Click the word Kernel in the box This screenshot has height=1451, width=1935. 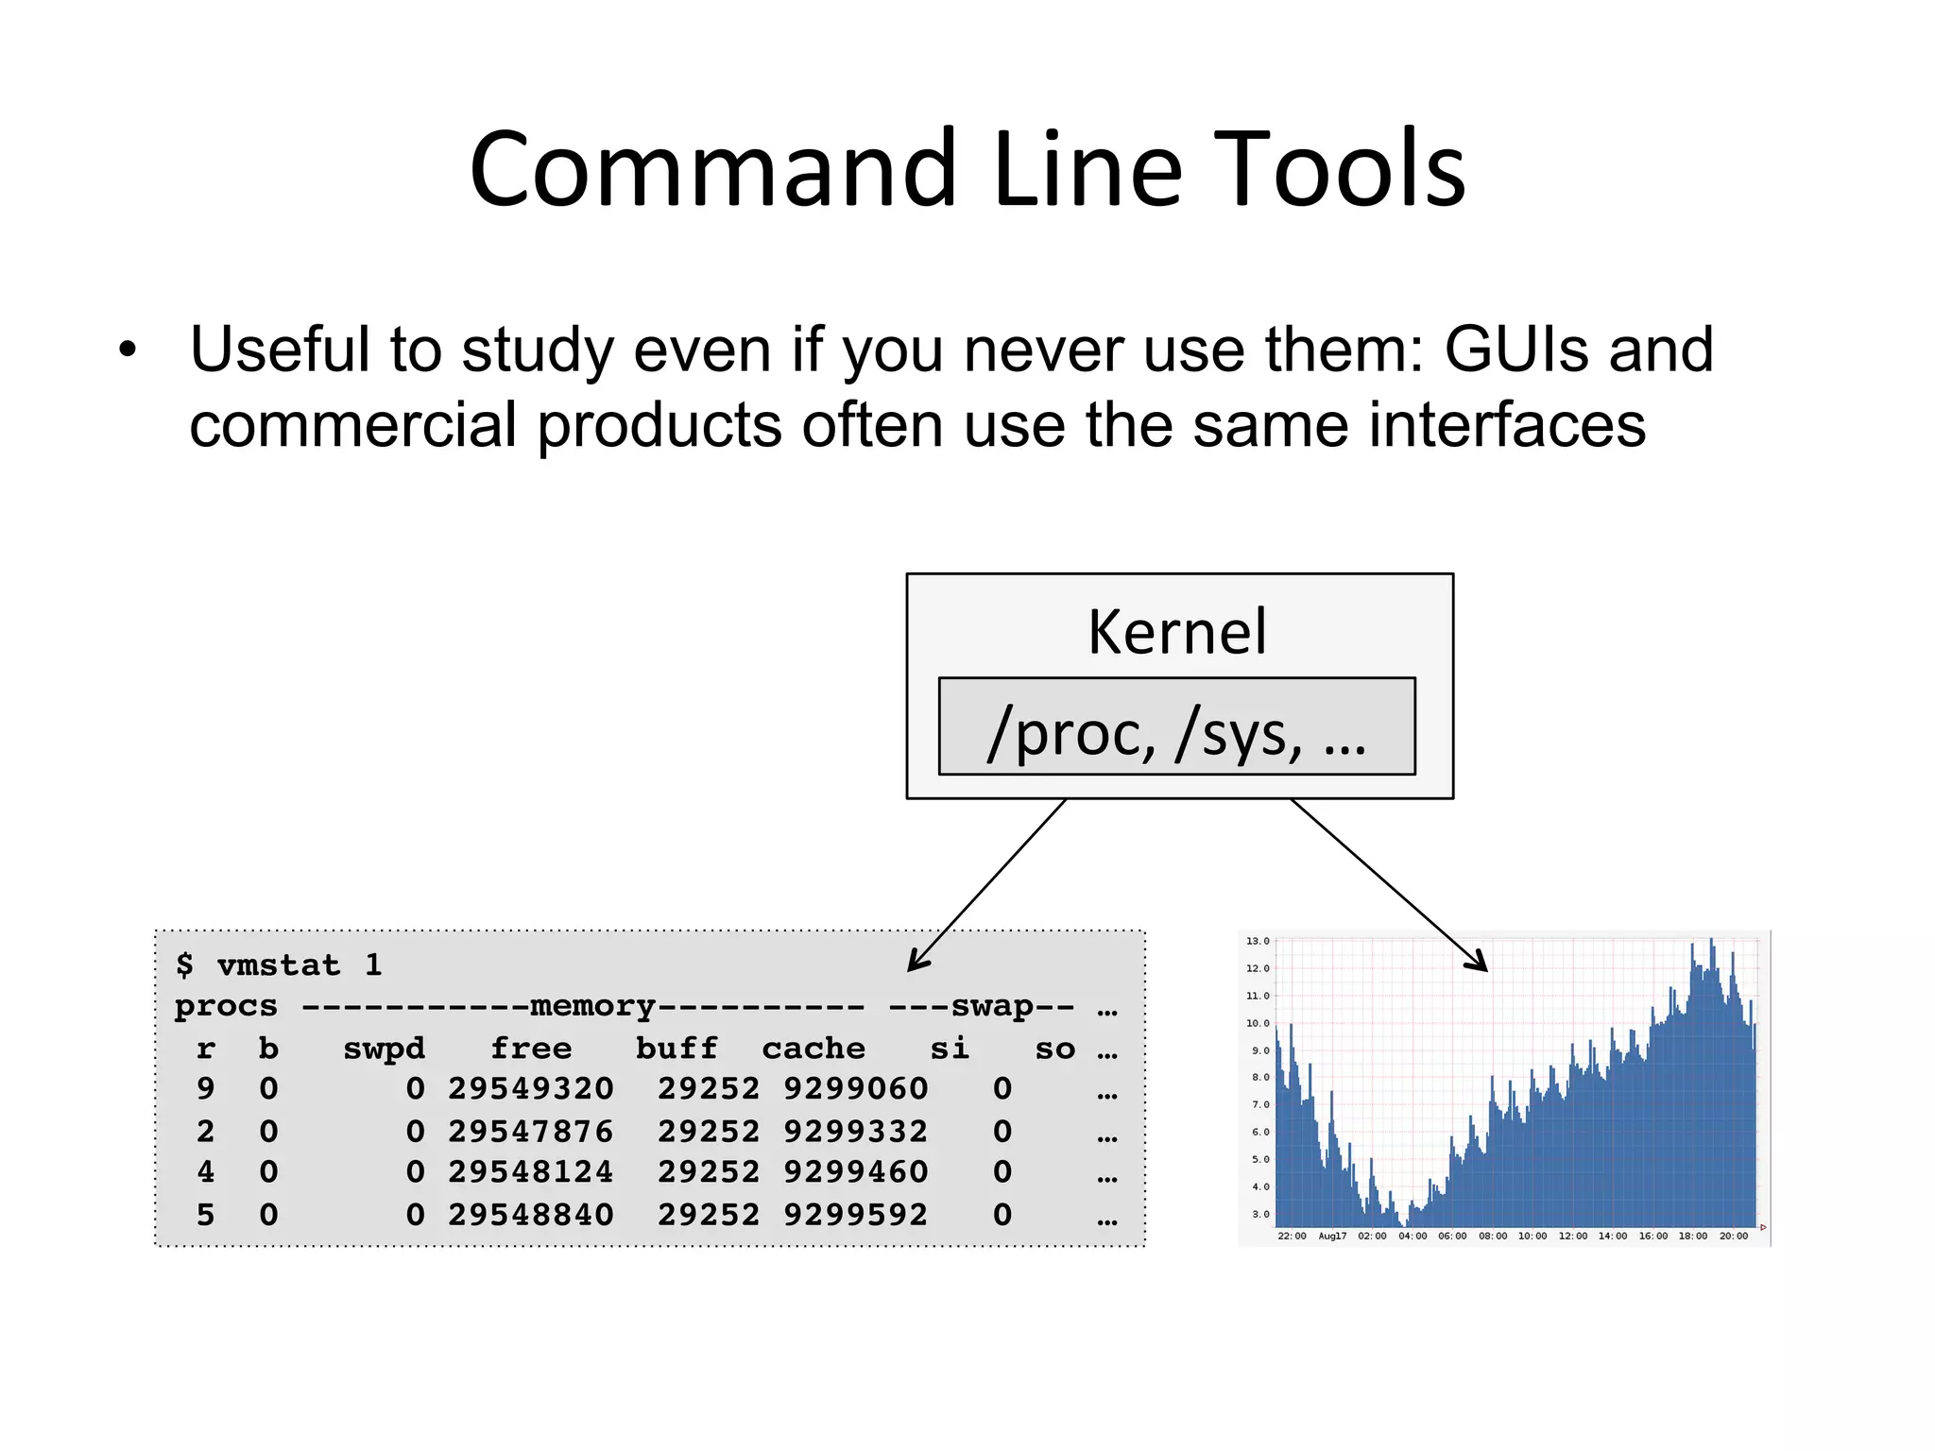click(x=1176, y=632)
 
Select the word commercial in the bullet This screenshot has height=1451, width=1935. click(x=352, y=425)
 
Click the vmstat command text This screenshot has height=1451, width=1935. click(x=280, y=964)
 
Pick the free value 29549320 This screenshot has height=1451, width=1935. click(x=530, y=1088)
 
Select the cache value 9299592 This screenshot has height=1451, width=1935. click(x=855, y=1214)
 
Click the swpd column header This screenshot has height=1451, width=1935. click(x=384, y=1049)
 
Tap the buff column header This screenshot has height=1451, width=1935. click(x=676, y=1049)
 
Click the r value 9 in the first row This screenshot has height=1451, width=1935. click(x=205, y=1088)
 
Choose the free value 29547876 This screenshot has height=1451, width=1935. click(x=530, y=1131)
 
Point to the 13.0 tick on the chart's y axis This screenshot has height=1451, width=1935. click(x=1258, y=941)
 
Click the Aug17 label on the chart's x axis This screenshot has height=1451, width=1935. click(x=1332, y=1236)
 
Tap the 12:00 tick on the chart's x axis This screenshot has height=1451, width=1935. click(x=1572, y=1236)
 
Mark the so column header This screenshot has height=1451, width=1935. click(x=1054, y=1049)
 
